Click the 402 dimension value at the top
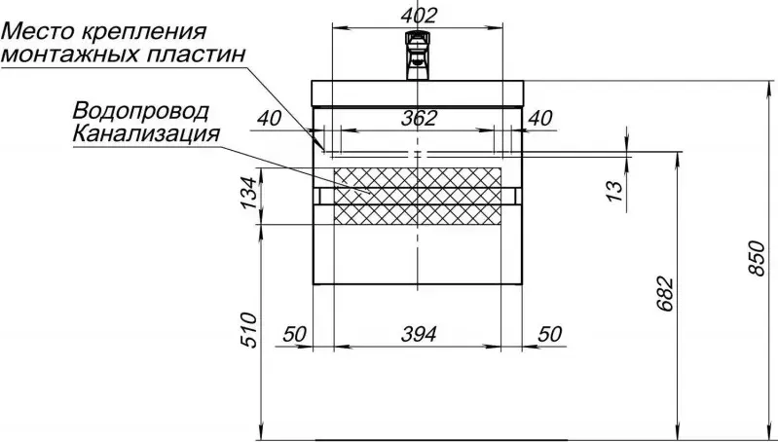click(419, 16)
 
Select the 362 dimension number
click(419, 118)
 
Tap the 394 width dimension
click(419, 334)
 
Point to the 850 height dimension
click(758, 258)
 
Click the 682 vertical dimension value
click(665, 294)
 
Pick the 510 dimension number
click(248, 330)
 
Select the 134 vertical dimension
click(249, 193)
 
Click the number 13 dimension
click(613, 191)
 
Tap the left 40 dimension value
click(269, 119)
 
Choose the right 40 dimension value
click(539, 118)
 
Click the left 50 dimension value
click(295, 334)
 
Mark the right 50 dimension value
click(550, 334)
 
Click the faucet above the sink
click(417, 55)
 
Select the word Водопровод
click(140, 111)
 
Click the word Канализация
click(146, 133)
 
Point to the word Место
click(37, 33)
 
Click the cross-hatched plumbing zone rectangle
click(418, 196)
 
